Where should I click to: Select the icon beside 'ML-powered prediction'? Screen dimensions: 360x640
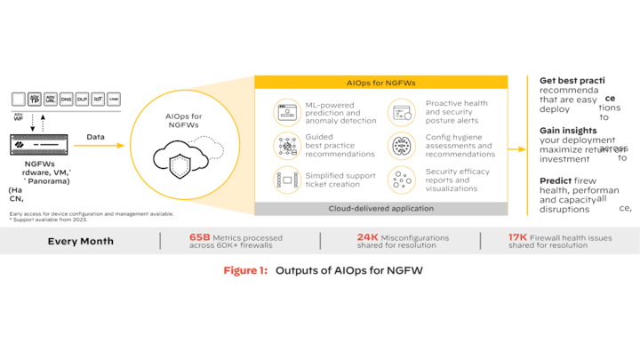pyautogui.click(x=287, y=113)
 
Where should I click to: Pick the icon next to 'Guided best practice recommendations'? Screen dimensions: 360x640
pyautogui.click(x=287, y=145)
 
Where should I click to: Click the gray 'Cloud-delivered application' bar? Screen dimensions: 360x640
pyautogui.click(x=381, y=209)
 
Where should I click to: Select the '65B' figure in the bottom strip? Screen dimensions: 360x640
pyautogui.click(x=199, y=237)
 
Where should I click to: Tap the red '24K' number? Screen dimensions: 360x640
pyautogui.click(x=368, y=237)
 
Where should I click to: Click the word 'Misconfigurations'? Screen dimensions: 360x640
pyautogui.click(x=417, y=237)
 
